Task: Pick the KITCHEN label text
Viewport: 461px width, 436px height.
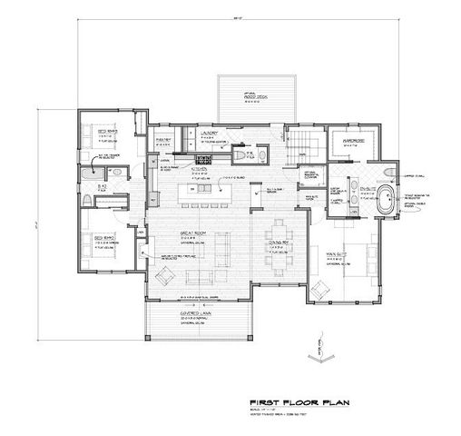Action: [201, 168]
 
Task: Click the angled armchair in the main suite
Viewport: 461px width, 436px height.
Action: [319, 289]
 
